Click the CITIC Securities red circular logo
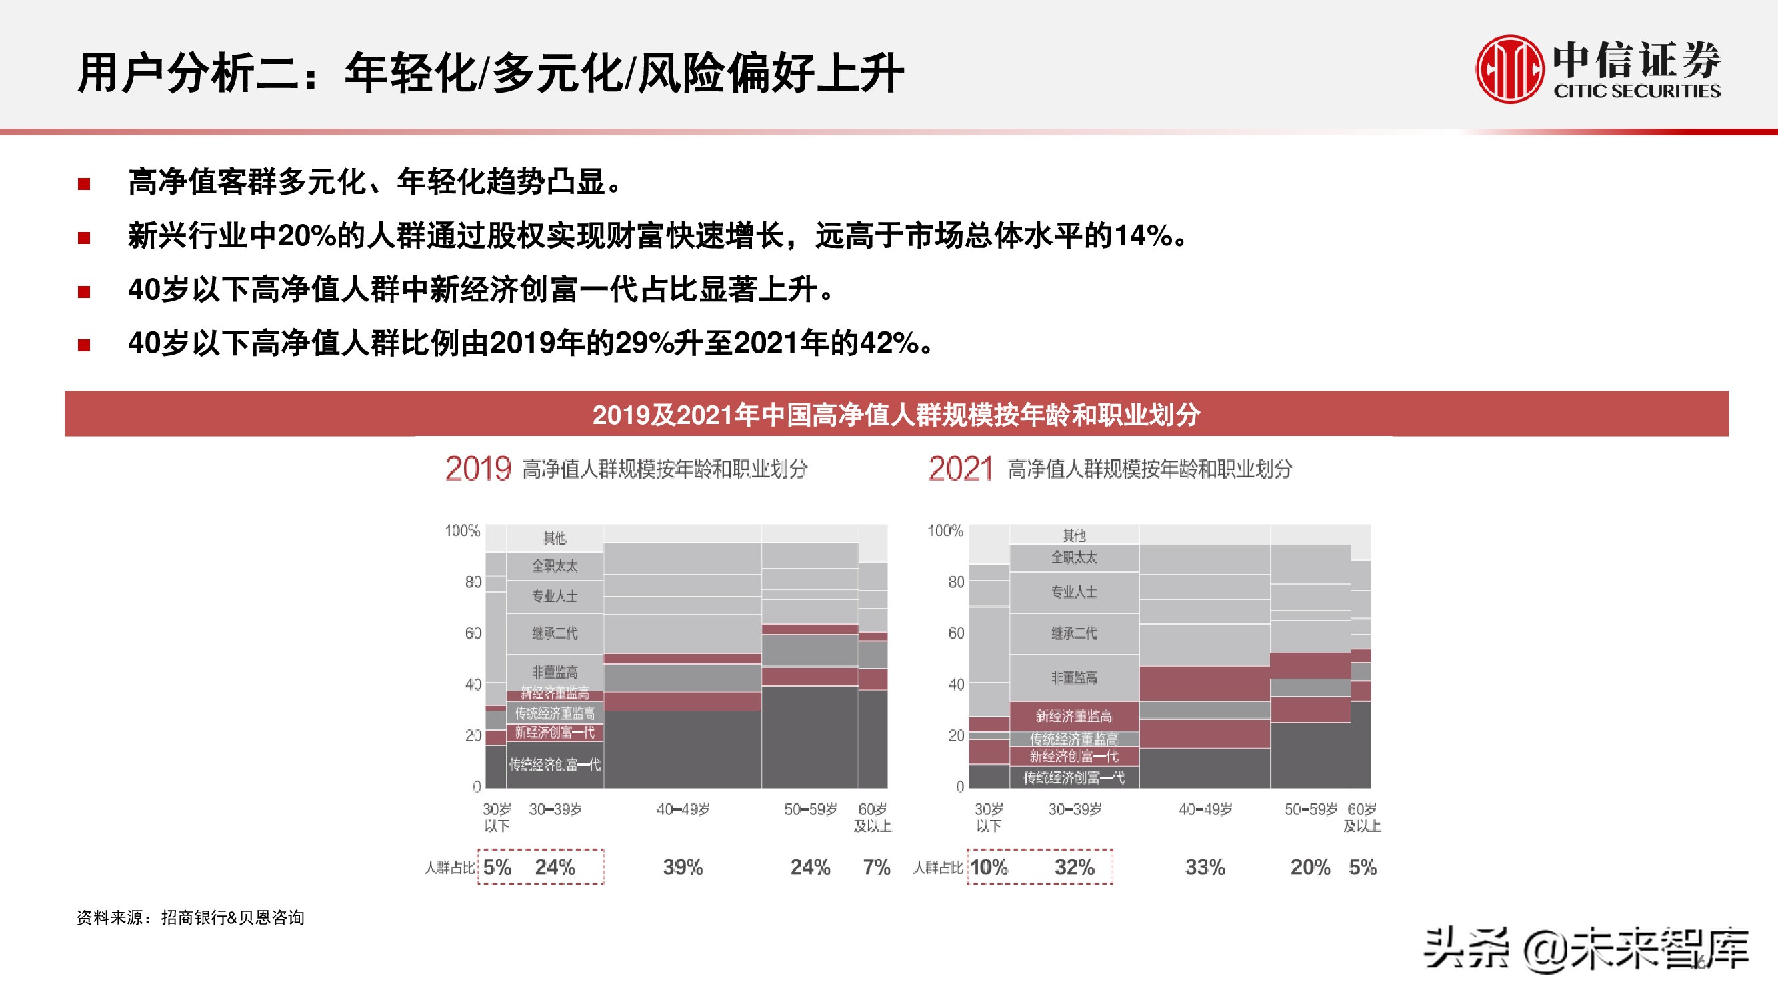point(1509,69)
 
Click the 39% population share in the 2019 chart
point(683,867)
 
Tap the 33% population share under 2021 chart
point(1205,867)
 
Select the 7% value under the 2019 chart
point(877,867)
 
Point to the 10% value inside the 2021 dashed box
point(989,867)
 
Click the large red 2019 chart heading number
point(477,469)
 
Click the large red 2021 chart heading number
point(960,469)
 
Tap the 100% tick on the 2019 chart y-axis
point(462,531)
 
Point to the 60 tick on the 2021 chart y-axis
point(956,633)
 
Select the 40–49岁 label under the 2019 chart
point(683,809)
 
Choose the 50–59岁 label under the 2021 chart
point(1311,809)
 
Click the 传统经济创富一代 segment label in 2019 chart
point(555,765)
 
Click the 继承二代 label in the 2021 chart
point(1074,633)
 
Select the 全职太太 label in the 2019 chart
point(555,566)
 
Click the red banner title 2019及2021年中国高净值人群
point(896,415)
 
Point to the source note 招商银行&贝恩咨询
point(233,918)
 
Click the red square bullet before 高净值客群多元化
point(84,183)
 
